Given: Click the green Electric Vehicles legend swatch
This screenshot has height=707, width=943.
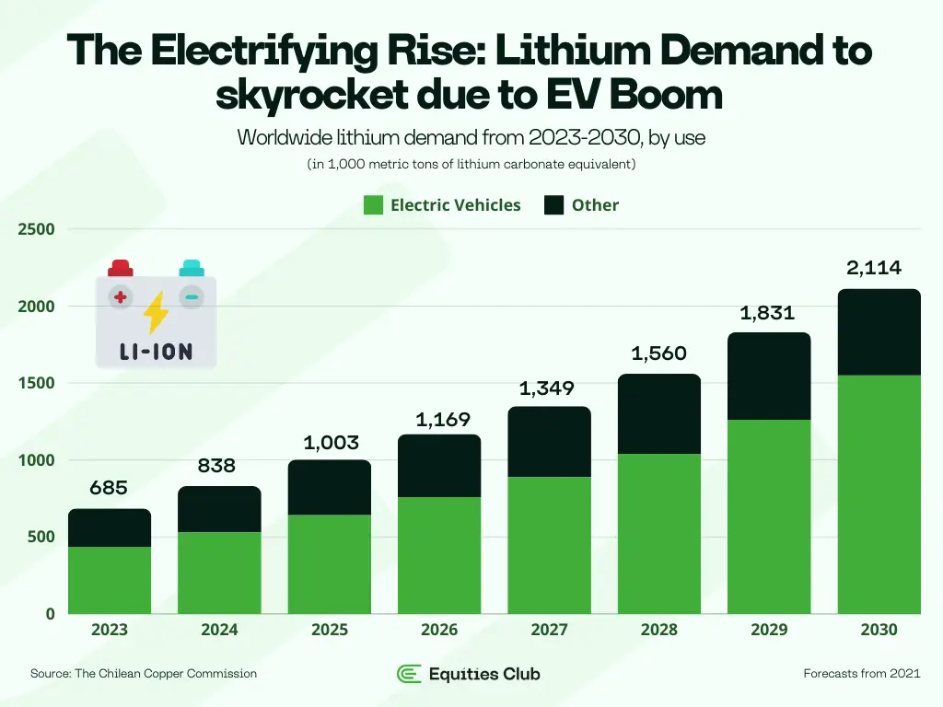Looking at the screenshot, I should click(x=373, y=205).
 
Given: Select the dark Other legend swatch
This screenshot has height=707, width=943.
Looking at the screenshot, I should click(x=553, y=205).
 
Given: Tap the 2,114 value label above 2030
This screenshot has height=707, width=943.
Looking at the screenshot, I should click(x=873, y=269).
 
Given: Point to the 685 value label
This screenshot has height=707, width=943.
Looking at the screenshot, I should click(x=109, y=489).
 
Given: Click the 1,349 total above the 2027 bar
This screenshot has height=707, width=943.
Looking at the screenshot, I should click(x=549, y=388).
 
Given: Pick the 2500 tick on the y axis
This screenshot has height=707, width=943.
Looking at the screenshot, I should click(x=36, y=229).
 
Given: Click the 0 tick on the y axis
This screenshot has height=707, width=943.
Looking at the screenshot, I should click(x=50, y=614).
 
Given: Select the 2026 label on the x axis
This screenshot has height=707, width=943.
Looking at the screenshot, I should click(x=439, y=631).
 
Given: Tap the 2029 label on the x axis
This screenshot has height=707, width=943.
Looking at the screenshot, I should click(x=769, y=631).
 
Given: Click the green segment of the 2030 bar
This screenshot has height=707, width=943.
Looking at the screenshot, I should click(x=879, y=494).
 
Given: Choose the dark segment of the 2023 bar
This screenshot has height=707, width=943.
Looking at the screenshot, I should click(x=110, y=527).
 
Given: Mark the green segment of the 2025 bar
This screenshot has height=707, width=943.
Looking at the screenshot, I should click(x=330, y=564).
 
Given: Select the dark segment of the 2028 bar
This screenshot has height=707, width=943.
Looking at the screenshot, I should click(x=658, y=414).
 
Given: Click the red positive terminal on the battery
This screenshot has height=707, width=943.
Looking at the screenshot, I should click(x=121, y=268).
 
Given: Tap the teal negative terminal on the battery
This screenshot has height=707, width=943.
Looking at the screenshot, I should click(x=192, y=268).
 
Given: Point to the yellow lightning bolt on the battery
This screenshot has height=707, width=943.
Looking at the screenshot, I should click(x=157, y=313).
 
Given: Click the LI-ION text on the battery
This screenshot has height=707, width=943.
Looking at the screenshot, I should click(x=157, y=353).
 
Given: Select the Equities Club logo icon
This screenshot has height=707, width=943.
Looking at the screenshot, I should click(x=409, y=674).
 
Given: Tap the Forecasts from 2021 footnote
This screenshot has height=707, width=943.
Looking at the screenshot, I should click(x=861, y=674).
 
